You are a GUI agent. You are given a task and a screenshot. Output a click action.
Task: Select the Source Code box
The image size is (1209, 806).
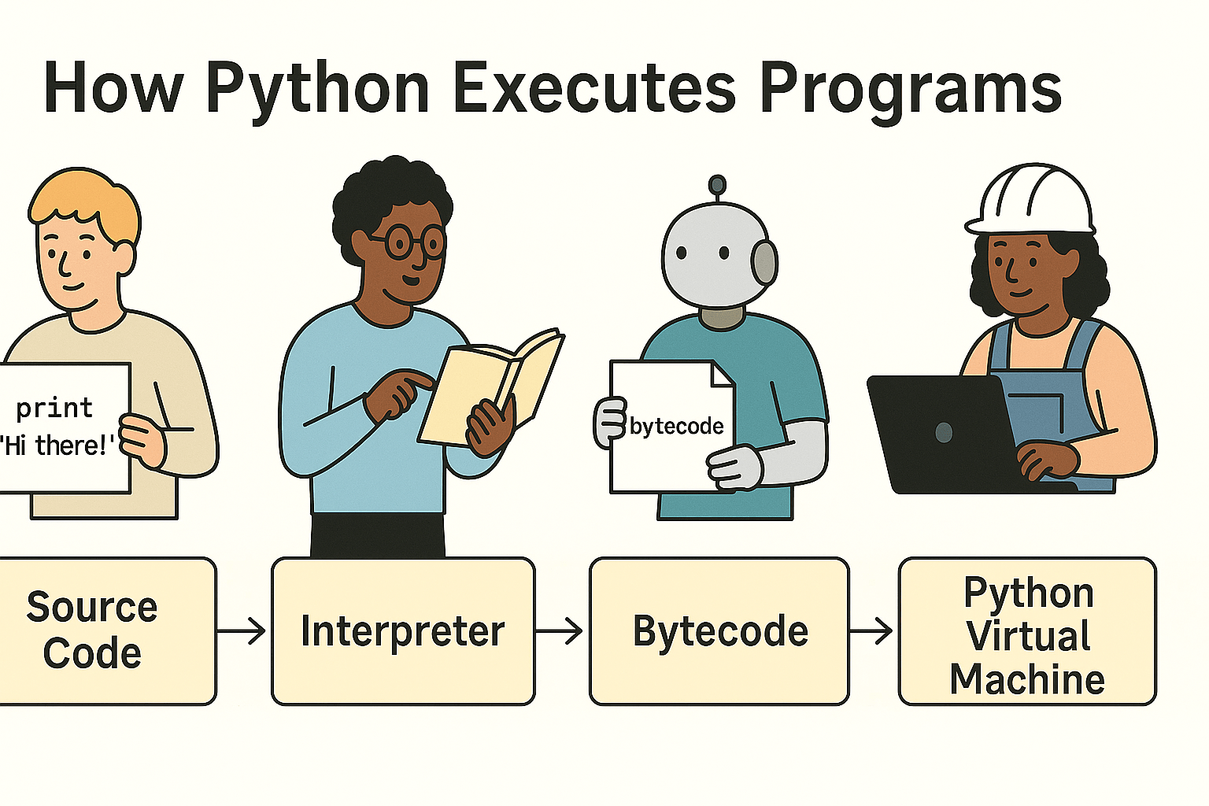pos(108,631)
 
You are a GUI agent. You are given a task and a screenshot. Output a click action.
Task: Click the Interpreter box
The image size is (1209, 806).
pos(403,631)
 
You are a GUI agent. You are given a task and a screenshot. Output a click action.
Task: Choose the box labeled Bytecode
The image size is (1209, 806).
pos(719,631)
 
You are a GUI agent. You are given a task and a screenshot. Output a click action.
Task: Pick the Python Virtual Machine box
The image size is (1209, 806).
pos(1028,631)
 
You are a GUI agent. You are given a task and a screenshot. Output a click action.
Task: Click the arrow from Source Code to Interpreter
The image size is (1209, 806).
pos(242,630)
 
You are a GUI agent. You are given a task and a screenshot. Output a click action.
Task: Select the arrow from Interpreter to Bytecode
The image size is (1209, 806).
pos(559,630)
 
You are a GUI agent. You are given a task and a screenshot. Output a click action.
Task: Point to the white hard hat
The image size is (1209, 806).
pos(1030,200)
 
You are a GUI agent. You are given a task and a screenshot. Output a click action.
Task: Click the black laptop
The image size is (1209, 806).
pos(950,434)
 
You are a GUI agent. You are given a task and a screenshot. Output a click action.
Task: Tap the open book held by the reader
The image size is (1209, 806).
pos(490,386)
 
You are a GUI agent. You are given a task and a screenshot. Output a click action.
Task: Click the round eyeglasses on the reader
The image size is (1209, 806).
pos(415,243)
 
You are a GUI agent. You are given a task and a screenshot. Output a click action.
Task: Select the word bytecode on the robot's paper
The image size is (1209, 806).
pos(676,427)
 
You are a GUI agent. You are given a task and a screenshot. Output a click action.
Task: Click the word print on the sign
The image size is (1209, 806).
pos(54,409)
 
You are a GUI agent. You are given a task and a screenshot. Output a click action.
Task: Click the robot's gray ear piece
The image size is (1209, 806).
pos(765,263)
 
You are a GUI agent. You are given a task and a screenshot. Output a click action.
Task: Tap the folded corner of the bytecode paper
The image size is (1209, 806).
pos(721,375)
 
